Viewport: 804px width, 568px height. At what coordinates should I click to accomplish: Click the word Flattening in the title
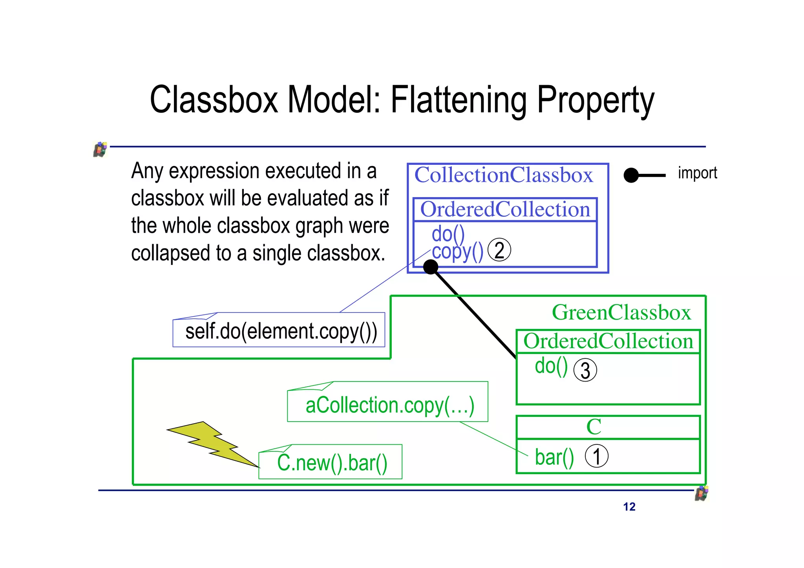click(459, 100)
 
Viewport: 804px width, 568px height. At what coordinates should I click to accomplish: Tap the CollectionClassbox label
click(503, 175)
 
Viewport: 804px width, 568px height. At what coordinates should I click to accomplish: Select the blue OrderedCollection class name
click(505, 209)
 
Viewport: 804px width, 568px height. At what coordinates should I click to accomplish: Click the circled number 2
click(499, 250)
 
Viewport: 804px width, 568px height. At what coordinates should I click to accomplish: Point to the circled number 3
click(585, 370)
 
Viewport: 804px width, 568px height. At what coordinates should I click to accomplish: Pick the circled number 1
click(596, 456)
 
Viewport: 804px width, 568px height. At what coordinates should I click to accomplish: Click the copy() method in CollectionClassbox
click(457, 252)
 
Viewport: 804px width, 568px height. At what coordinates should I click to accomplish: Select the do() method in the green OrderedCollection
click(551, 366)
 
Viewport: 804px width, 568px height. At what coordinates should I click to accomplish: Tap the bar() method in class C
click(554, 457)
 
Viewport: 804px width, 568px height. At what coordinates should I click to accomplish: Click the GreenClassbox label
click(621, 312)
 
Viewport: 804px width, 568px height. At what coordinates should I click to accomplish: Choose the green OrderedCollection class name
click(608, 341)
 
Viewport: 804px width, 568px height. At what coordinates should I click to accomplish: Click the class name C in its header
click(594, 427)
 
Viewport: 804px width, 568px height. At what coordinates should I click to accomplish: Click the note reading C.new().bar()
click(332, 462)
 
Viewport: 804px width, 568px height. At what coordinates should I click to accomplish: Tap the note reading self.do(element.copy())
click(281, 331)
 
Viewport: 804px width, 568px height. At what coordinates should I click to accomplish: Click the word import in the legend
click(697, 173)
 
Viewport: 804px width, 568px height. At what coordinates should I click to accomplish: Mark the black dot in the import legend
click(631, 175)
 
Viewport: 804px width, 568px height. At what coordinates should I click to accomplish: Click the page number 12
click(629, 507)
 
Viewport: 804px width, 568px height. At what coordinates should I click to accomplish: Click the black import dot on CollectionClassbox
click(431, 267)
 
